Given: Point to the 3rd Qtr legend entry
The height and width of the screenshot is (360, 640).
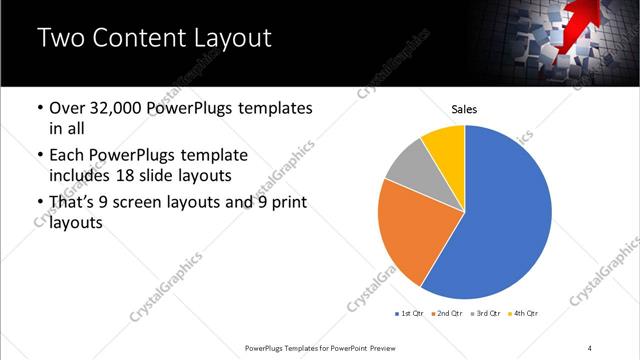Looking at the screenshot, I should [x=486, y=313].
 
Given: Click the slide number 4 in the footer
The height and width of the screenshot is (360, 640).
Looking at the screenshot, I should [x=590, y=347].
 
